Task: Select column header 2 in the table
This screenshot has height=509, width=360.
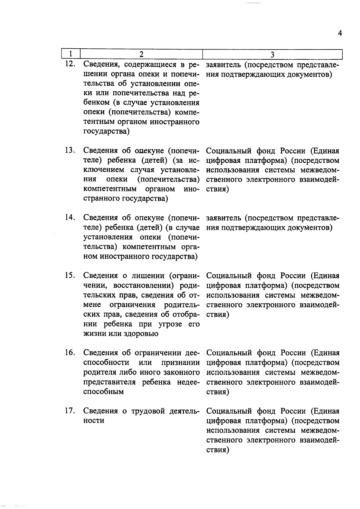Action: tap(141, 54)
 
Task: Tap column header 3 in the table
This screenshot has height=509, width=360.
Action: tap(272, 54)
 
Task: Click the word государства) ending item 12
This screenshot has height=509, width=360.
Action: tap(106, 131)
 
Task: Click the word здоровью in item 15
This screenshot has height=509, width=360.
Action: tap(141, 334)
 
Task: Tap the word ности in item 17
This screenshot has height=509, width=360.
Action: tap(94, 421)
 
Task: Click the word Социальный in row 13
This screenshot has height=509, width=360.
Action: tap(229, 150)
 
